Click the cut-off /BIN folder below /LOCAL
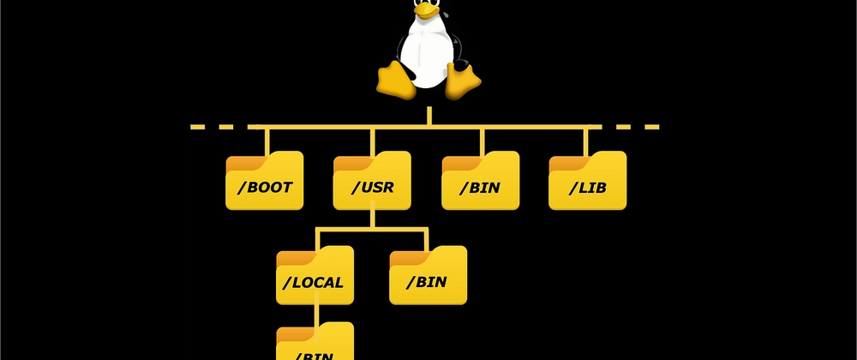[315, 343]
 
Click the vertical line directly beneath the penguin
[428, 116]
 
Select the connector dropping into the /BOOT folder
[266, 140]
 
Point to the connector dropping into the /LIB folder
[587, 140]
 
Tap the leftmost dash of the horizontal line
[199, 127]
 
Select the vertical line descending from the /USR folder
[373, 219]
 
